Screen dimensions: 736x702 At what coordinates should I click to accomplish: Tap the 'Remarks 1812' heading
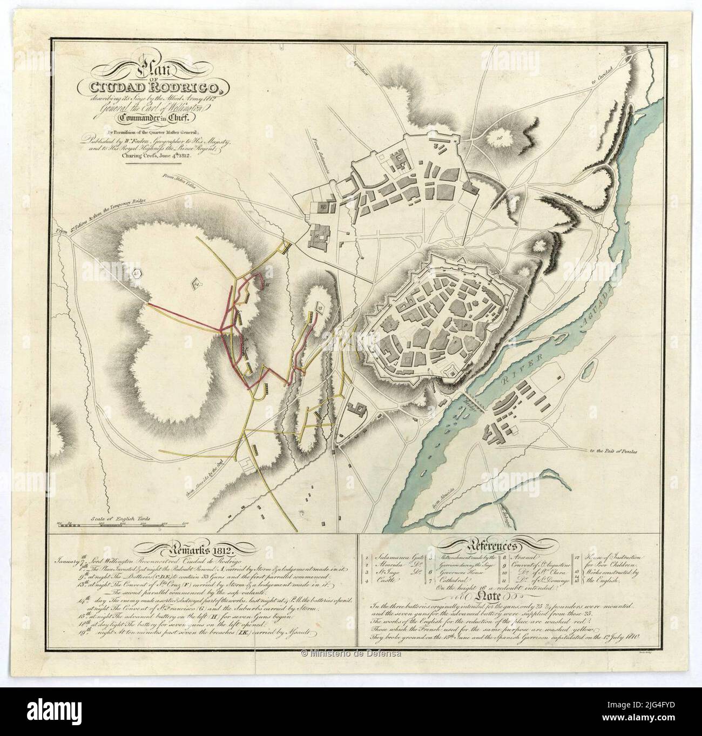[204, 550]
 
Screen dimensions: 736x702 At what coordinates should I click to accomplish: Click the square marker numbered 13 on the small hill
[320, 308]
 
